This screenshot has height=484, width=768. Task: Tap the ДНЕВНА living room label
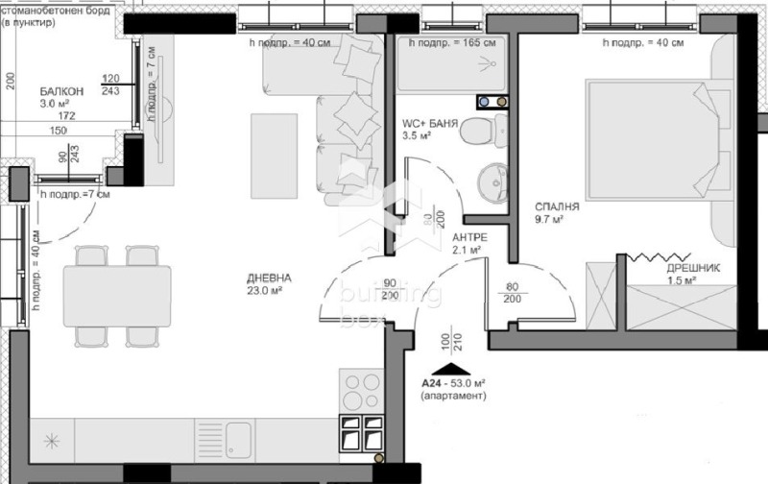tap(268, 278)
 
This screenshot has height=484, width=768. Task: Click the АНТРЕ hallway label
tap(468, 237)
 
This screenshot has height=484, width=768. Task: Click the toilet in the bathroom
tap(479, 132)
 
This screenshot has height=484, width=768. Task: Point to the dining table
tap(117, 297)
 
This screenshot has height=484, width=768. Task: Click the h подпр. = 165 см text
tap(451, 43)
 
